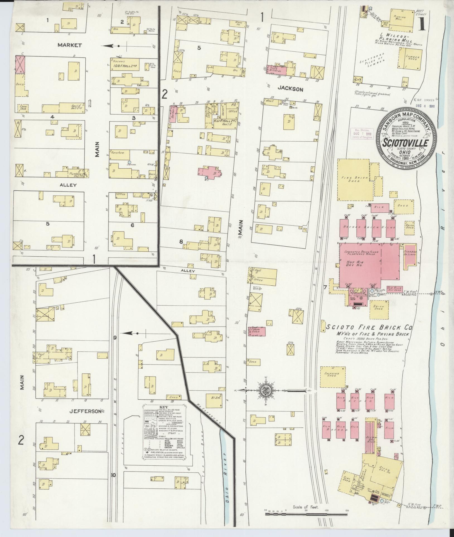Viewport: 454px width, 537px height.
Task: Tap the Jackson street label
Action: (x=290, y=89)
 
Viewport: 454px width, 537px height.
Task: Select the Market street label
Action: (x=70, y=45)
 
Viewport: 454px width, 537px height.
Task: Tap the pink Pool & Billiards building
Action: (x=277, y=70)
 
